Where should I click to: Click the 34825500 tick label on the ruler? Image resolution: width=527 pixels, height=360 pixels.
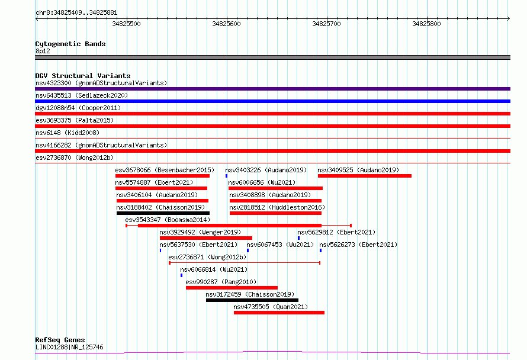point(126,24)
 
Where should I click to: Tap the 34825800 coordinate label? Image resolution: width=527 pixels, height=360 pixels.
point(426,24)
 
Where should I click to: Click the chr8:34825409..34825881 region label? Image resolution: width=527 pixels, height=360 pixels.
point(76,13)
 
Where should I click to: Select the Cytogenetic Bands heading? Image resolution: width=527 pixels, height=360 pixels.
point(70,44)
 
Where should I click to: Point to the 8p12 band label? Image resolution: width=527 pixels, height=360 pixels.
point(43,51)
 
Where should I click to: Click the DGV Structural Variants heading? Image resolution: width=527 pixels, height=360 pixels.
point(83,76)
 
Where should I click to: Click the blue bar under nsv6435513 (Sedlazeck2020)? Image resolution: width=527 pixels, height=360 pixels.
point(272,101)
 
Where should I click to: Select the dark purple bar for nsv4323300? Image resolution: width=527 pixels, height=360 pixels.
point(272,89)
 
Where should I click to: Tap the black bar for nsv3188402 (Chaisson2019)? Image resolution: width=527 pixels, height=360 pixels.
point(163,213)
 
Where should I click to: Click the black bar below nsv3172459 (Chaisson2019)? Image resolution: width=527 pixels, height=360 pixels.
point(252,300)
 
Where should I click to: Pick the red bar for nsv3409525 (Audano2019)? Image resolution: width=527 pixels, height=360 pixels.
point(365,176)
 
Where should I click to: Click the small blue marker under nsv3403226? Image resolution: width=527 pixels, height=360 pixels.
point(227,176)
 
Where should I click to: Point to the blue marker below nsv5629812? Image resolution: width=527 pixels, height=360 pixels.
point(299,238)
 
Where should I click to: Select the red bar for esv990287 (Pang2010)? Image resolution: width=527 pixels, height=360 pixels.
point(232,288)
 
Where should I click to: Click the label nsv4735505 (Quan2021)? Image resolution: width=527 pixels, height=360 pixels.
point(271,307)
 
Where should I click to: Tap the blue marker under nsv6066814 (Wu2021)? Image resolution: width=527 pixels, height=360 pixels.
point(182,275)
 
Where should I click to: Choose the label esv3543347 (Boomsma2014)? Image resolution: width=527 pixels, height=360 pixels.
point(168,220)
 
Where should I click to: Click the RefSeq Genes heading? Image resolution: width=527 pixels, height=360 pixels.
point(60,340)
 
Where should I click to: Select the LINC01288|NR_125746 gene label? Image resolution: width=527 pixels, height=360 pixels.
point(69,347)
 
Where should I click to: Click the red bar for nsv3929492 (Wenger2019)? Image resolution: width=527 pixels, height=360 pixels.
point(206,238)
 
